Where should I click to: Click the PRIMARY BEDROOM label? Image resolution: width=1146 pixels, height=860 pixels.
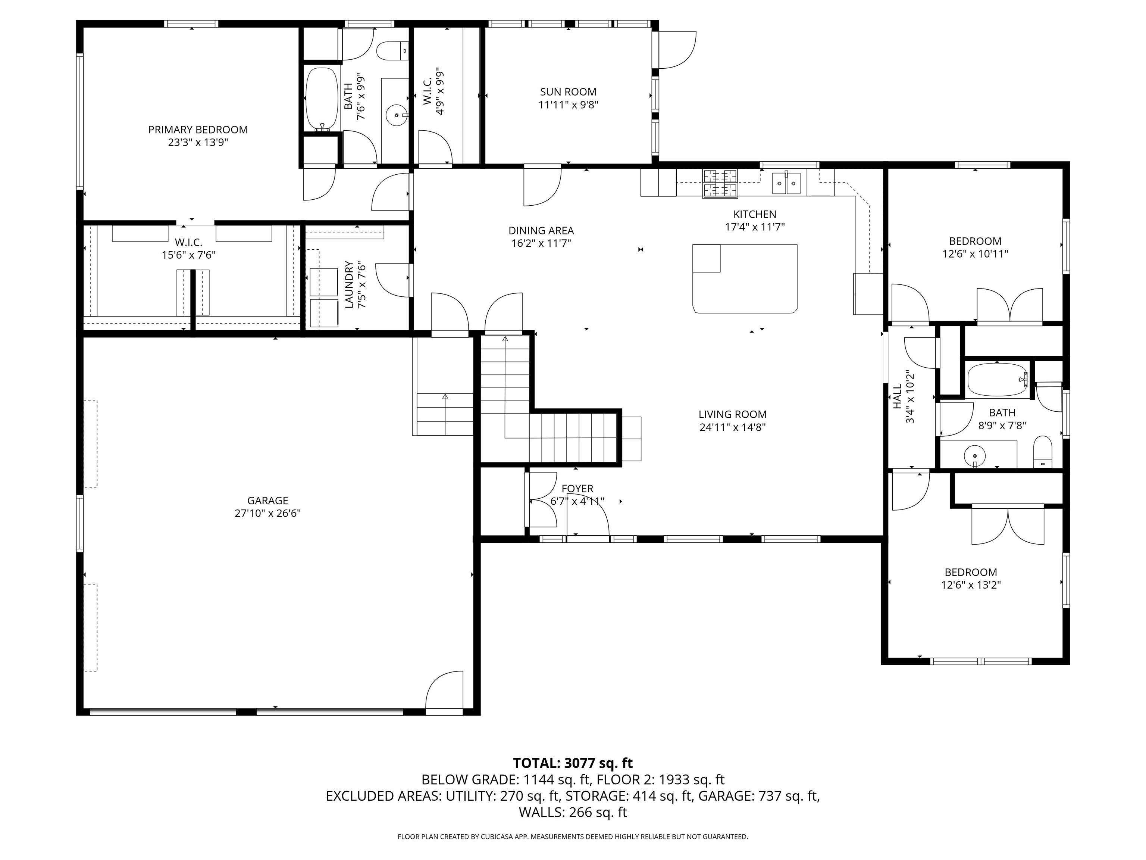click(198, 130)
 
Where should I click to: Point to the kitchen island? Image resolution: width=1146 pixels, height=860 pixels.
click(745, 278)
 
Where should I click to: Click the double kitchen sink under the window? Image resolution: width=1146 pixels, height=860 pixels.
click(786, 183)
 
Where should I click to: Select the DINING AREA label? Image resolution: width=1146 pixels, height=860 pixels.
click(541, 230)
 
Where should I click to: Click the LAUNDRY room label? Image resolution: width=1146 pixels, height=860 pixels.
click(349, 284)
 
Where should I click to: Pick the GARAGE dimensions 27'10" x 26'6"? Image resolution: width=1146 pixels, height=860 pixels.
click(267, 513)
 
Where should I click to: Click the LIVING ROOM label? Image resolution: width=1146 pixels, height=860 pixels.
click(732, 414)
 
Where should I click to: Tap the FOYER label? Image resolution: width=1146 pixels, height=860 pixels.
click(577, 488)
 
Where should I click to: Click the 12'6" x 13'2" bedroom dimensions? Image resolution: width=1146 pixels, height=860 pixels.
click(970, 585)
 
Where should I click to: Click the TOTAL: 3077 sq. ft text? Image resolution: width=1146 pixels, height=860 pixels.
click(573, 763)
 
